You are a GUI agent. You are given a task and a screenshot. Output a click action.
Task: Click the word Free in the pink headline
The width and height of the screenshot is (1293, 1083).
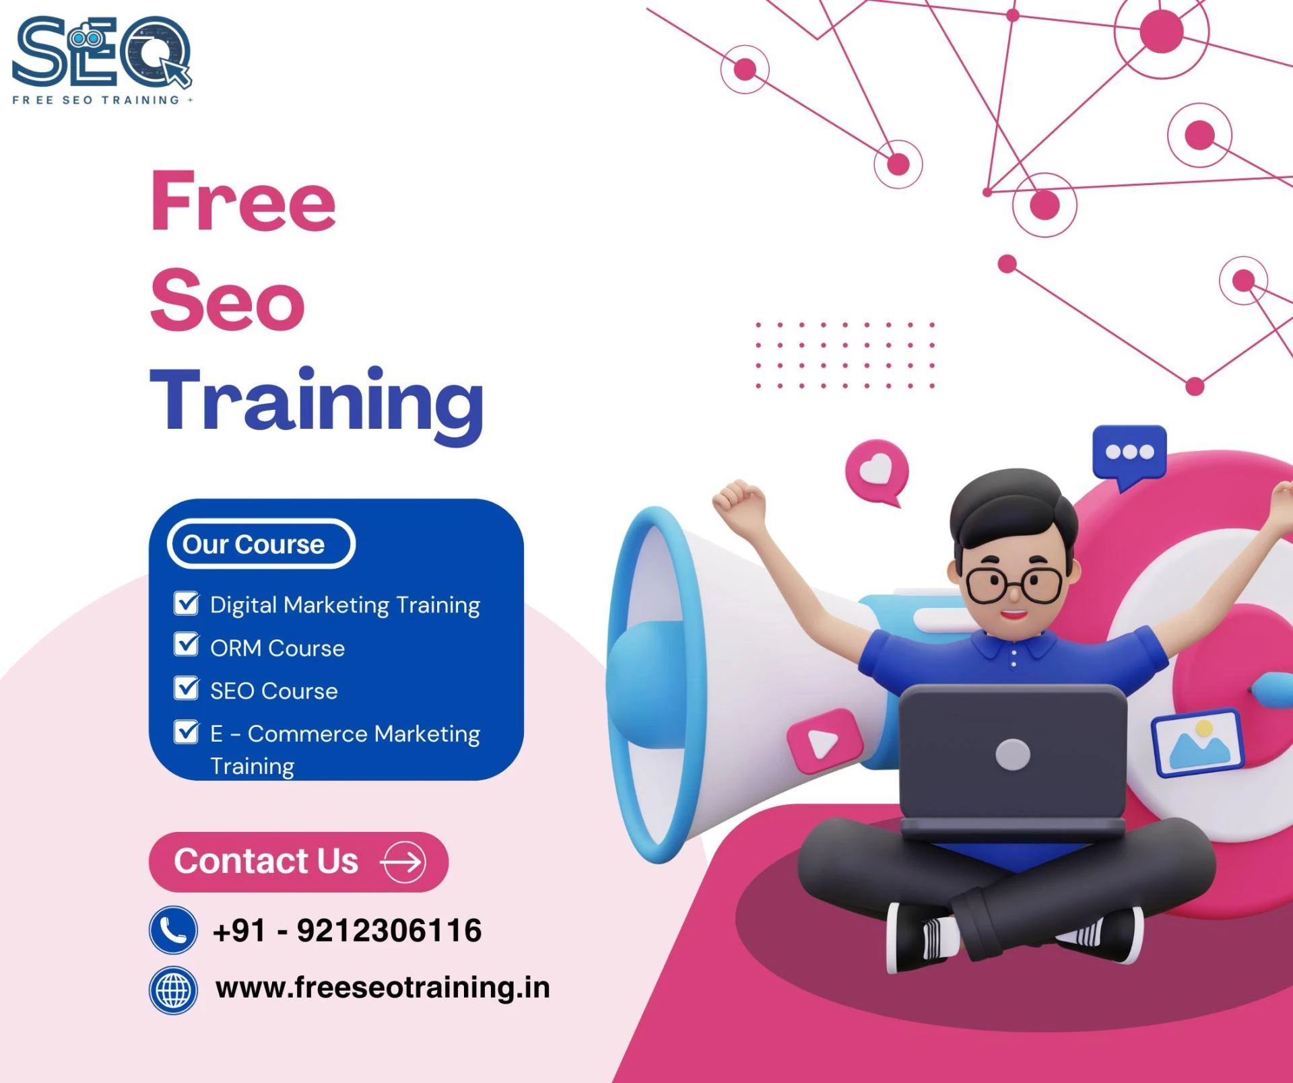[243, 201]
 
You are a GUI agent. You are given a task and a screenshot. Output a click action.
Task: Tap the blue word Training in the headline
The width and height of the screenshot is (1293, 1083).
[317, 402]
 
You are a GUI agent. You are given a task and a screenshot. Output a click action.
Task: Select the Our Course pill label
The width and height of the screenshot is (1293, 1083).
[261, 544]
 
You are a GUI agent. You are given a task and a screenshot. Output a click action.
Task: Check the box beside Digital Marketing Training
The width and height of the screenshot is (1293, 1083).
[186, 604]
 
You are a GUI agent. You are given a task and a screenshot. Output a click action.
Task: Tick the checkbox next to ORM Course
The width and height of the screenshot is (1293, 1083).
[186, 645]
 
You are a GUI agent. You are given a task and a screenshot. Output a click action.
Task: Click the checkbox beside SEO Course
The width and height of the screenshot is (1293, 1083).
[186, 689]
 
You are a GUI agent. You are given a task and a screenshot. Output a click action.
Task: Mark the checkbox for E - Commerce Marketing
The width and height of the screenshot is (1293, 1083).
[186, 732]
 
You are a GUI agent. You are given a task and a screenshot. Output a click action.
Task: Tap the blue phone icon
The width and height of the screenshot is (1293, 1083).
[173, 930]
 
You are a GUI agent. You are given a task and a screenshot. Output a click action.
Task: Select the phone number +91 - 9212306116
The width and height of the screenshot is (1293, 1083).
[347, 931]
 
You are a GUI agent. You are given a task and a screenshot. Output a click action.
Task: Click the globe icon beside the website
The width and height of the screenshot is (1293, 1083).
[173, 990]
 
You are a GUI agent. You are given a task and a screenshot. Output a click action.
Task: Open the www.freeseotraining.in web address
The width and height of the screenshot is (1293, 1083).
[383, 988]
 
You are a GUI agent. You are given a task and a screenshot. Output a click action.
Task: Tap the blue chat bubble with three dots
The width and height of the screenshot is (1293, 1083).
[1129, 453]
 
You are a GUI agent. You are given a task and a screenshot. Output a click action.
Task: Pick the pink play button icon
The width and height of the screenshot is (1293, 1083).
[824, 741]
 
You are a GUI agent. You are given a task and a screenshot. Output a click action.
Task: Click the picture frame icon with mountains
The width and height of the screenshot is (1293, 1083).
[1197, 742]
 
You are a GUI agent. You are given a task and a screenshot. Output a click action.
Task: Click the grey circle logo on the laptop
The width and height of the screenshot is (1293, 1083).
[1012, 755]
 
